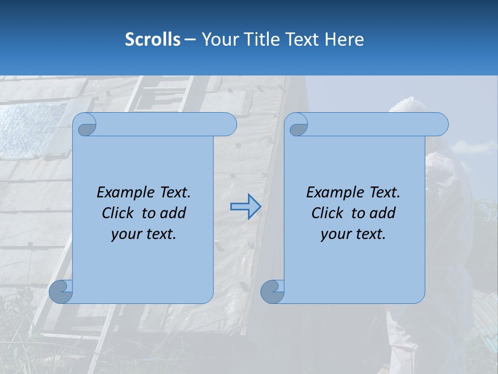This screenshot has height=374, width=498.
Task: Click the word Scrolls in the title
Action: [x=153, y=39]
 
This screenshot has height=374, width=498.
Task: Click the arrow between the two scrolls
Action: [x=245, y=207]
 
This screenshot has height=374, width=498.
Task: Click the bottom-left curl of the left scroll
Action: [x=61, y=292]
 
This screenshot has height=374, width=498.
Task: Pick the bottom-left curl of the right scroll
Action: [x=272, y=292]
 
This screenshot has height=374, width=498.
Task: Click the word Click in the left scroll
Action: [x=119, y=213]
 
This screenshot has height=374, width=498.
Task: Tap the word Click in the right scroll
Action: [x=329, y=213]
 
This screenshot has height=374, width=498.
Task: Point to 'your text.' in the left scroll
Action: [x=144, y=234]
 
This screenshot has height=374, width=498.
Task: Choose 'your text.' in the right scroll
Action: [x=353, y=234]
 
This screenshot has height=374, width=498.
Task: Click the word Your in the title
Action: [x=218, y=39]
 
